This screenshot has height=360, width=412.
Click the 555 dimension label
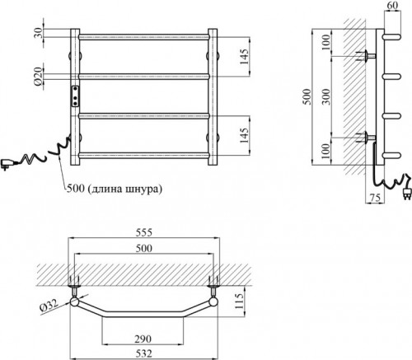(x=144, y=232)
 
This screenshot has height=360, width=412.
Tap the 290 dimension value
(x=143, y=339)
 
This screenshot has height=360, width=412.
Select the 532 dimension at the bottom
(x=144, y=353)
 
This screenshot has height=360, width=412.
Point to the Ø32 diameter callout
(x=49, y=306)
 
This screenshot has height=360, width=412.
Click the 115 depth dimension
(x=239, y=301)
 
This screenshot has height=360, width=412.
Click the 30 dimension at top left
(x=39, y=33)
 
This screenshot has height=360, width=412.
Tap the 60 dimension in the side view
(x=392, y=5)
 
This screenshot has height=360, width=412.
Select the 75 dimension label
(x=375, y=198)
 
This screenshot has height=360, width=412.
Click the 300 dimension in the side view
(x=326, y=96)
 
